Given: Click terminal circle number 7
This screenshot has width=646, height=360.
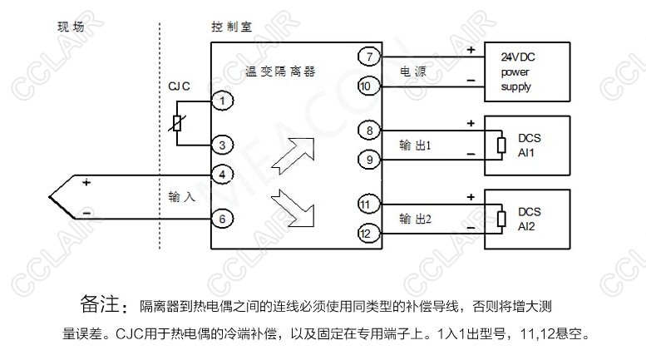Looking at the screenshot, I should click(x=367, y=57).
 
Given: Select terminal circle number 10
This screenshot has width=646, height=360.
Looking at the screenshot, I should click(x=367, y=85).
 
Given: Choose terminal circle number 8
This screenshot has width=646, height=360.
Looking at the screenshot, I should click(x=367, y=130).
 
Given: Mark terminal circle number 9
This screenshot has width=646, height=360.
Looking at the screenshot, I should click(x=367, y=158).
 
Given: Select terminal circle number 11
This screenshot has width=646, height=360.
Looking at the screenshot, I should click(x=367, y=204).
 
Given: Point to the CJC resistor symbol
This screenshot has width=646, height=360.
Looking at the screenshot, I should click(x=176, y=123).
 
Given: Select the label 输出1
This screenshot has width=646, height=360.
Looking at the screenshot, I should click(x=417, y=145).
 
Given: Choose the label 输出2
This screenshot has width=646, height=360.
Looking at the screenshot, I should click(x=417, y=219).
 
